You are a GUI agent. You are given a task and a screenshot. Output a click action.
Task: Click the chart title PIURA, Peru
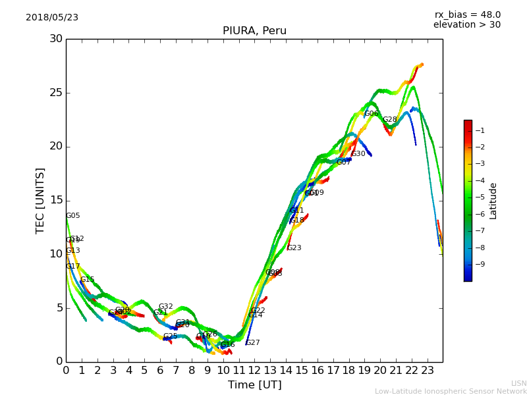[254, 31]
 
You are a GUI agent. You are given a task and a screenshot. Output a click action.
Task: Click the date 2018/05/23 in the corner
[52, 17]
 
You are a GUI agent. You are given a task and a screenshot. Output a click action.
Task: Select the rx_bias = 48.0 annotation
[467, 14]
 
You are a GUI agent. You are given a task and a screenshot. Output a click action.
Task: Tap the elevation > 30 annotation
[466, 25]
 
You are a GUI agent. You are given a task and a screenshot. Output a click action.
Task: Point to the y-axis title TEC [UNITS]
[40, 200]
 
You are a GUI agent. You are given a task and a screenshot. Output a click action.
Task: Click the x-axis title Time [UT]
[254, 385]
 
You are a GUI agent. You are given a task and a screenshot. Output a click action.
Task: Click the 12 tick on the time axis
[254, 371]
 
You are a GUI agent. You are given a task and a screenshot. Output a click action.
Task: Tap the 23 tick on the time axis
[428, 371]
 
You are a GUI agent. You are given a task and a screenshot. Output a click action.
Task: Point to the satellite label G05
[73, 216]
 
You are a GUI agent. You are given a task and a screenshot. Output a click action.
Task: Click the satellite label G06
[372, 114]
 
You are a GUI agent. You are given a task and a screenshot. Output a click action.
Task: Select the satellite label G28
[390, 120]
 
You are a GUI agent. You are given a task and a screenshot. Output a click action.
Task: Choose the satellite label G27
[253, 343]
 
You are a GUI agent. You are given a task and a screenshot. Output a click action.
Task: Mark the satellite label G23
[294, 248]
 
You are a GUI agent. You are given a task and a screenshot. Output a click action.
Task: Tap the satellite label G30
[358, 154]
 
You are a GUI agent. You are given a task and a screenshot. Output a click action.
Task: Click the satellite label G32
[166, 307]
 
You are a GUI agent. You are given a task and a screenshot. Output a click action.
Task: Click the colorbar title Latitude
[493, 201]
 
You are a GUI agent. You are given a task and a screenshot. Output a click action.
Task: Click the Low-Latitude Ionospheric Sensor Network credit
[451, 392]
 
